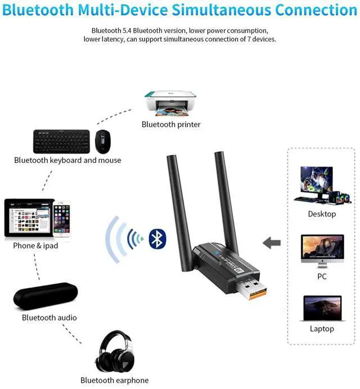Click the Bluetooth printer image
click(x=171, y=102)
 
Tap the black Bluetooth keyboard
click(x=61, y=141)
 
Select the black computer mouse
click(x=102, y=142)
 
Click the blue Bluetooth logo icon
click(x=158, y=238)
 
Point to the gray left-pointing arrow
click(x=272, y=243)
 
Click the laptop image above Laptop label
click(x=322, y=308)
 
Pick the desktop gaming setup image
click(x=321, y=185)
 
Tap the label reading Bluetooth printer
click(x=171, y=124)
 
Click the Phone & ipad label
click(x=35, y=246)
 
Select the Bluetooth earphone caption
click(x=115, y=381)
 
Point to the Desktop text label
click(x=322, y=214)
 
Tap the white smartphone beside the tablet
click(x=61, y=220)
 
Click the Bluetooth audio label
click(x=49, y=318)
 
